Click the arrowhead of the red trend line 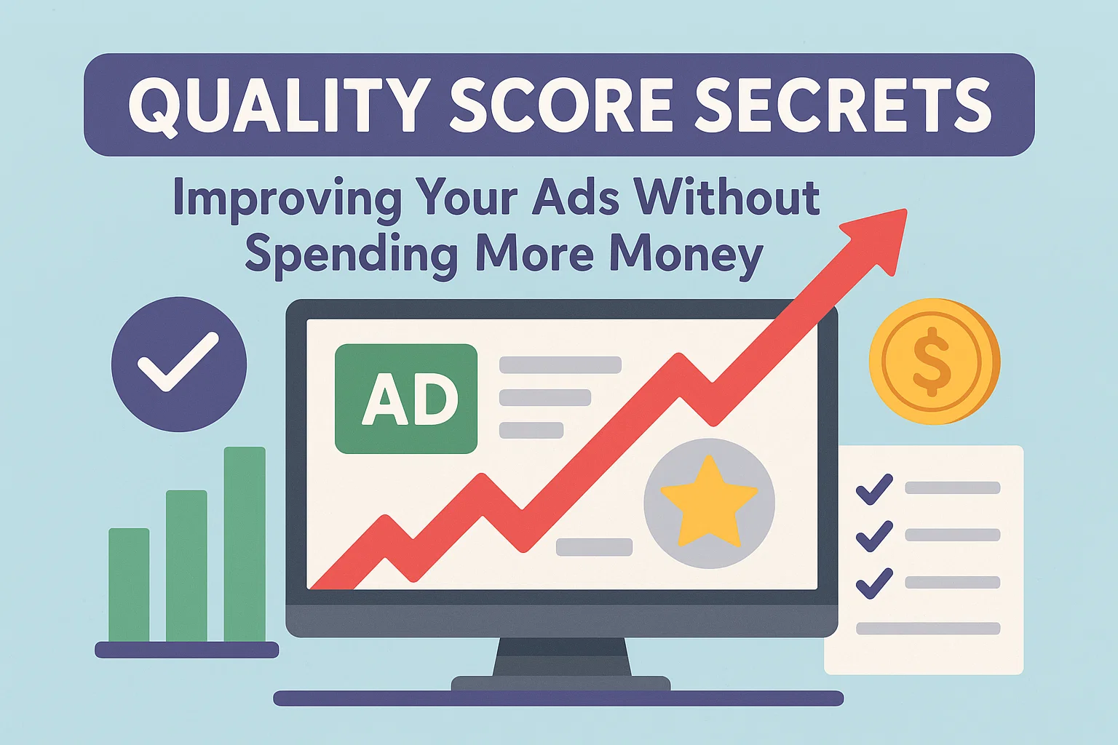879,239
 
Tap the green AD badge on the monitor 405,399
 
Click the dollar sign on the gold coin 932,362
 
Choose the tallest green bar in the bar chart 245,544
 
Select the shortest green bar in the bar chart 129,585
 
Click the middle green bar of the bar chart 186,566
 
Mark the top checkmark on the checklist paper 874,490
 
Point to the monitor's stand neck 561,657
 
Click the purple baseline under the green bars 186,650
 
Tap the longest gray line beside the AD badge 560,364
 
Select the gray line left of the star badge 594,547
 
